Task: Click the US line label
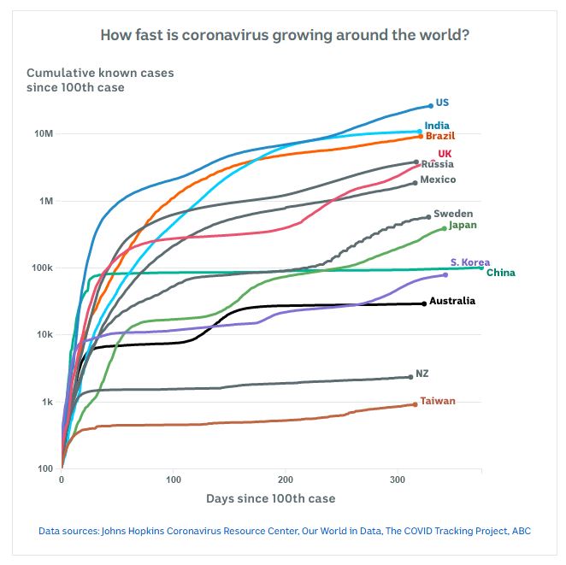coord(442,103)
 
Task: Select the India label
coord(437,126)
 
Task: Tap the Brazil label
coord(440,136)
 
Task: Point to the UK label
coord(445,154)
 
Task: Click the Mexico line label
coord(438,180)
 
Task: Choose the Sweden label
coord(453,214)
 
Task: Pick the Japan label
coord(463,225)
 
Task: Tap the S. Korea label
coord(469,262)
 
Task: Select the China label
coord(500,273)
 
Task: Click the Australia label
coord(452,301)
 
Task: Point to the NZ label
coord(422,374)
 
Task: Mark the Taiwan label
coord(437,400)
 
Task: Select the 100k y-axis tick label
coord(43,268)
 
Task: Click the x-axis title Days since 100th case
coord(270,498)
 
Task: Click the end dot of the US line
coord(431,106)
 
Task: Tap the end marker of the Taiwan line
coord(415,404)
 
